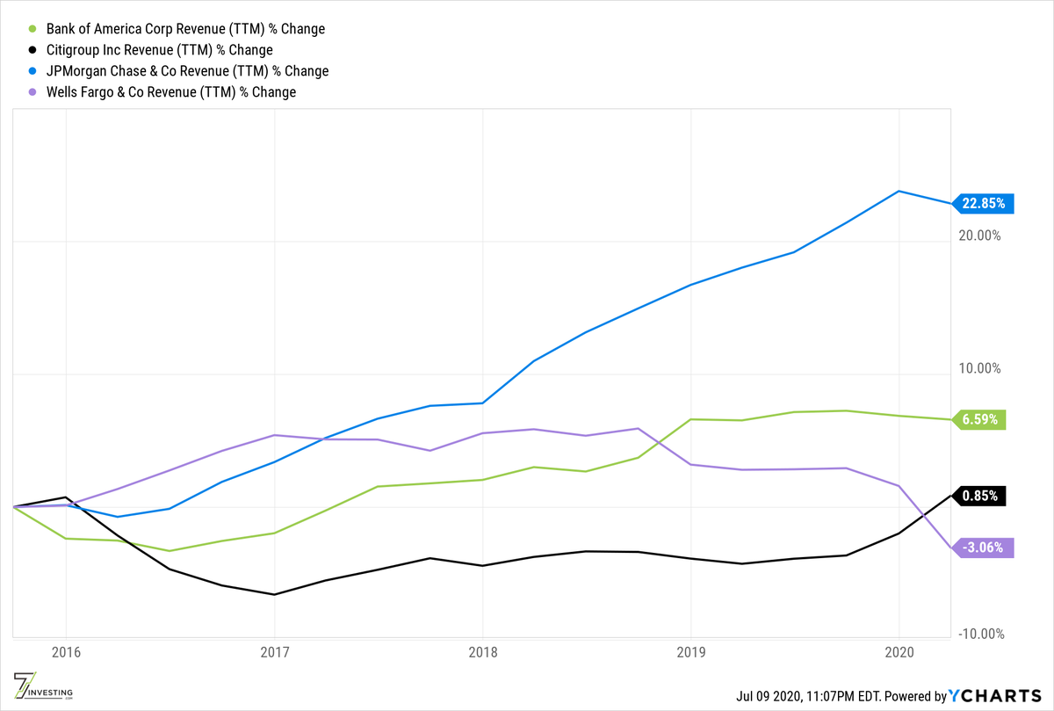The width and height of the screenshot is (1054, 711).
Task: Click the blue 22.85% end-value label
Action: coord(985,203)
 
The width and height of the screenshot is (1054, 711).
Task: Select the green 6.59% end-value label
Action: coord(980,419)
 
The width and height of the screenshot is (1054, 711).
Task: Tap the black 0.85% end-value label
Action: coord(980,496)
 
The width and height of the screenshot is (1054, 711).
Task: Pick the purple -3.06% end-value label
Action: coord(982,548)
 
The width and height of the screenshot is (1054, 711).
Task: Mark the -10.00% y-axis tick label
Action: coord(980,635)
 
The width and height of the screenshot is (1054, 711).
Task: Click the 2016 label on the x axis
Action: coord(66,654)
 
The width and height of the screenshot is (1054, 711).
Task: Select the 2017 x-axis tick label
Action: coord(274,654)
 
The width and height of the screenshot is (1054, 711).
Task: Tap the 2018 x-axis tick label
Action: coord(482,654)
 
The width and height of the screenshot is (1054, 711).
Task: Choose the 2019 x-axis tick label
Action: coord(691,654)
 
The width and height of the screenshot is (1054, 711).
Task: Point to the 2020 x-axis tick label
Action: coord(899,654)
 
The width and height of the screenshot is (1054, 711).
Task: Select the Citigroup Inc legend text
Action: coord(153,50)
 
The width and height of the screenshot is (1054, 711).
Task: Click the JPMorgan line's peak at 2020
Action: coord(899,191)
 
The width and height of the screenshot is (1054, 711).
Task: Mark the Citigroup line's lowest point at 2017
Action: coord(274,595)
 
